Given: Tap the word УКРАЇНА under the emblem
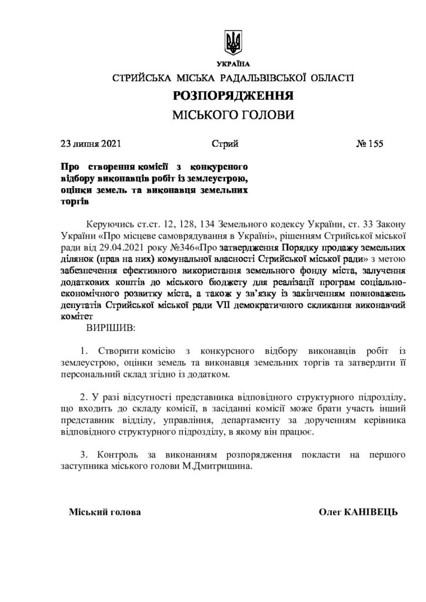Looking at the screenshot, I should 233,63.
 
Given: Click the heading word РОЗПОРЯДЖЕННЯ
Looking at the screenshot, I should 234,95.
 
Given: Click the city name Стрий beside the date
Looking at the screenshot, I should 224,143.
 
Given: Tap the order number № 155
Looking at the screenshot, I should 370,143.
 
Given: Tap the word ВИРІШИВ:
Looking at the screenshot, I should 111,326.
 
